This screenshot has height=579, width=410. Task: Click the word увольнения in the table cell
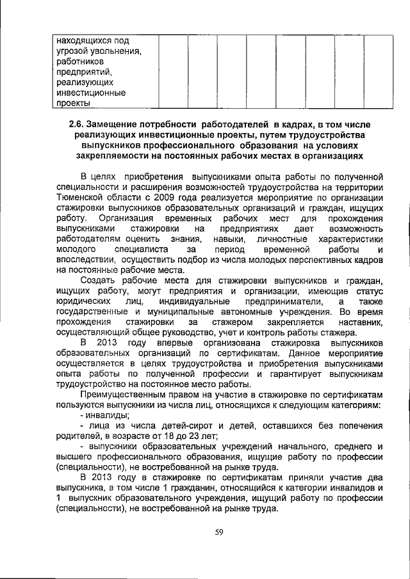(x=115, y=51)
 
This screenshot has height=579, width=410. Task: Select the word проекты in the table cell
(x=73, y=103)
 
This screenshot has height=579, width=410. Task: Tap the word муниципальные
(x=167, y=312)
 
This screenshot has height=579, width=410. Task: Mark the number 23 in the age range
(x=190, y=437)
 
